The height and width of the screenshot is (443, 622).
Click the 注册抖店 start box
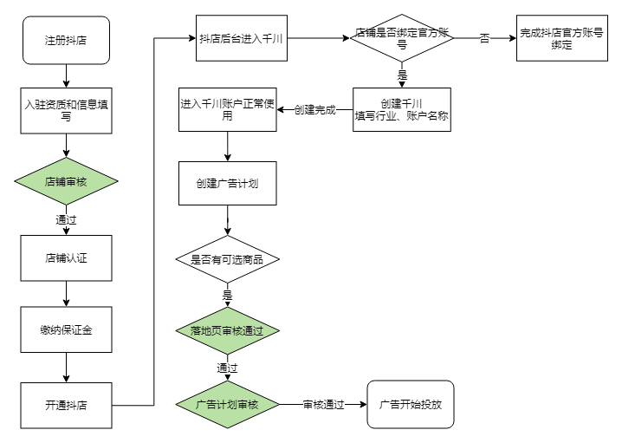click(67, 40)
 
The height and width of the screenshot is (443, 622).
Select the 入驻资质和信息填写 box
click(67, 110)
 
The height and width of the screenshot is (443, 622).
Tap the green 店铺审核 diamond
click(67, 182)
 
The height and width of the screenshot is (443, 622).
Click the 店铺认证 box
click(67, 257)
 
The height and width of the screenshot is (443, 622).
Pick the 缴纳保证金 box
click(67, 329)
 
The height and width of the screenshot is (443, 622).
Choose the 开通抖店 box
click(67, 404)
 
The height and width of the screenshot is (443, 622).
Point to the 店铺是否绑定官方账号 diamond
click(401, 39)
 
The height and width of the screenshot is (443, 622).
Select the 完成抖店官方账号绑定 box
click(561, 38)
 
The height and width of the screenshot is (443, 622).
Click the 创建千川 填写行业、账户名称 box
click(401, 110)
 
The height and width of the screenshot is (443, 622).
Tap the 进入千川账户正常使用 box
click(228, 110)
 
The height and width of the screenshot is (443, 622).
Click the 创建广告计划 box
click(228, 184)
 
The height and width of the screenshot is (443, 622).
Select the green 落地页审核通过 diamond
click(228, 330)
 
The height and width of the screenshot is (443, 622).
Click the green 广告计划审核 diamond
click(228, 404)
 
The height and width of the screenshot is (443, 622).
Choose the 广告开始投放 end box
click(411, 404)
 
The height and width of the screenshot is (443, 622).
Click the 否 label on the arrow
click(484, 39)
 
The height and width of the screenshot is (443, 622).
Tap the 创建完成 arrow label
click(314, 110)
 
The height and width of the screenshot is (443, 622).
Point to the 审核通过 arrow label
click(323, 404)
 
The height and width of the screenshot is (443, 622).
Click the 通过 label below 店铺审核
click(67, 219)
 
